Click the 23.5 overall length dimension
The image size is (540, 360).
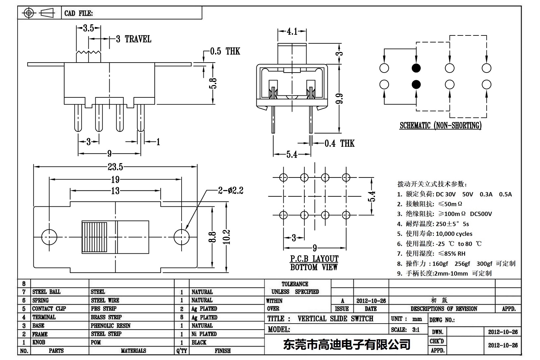click(x=115, y=167)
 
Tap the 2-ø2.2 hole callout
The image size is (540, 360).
click(x=231, y=190)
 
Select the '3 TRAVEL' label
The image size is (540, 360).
click(x=134, y=39)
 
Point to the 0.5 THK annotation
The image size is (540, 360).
click(x=225, y=51)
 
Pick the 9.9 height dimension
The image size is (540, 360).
click(x=339, y=99)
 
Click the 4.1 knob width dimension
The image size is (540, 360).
click(x=292, y=32)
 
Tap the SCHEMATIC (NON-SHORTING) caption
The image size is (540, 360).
click(x=440, y=126)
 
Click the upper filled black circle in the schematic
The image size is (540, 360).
click(x=416, y=68)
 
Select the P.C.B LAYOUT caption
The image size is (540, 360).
click(x=314, y=259)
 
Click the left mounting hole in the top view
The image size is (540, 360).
click(x=49, y=237)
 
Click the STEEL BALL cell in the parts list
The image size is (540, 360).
click(x=46, y=292)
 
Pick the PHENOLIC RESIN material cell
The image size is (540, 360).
click(x=111, y=326)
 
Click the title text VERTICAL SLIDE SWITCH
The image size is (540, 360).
click(x=335, y=319)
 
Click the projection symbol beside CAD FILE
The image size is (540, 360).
click(x=39, y=13)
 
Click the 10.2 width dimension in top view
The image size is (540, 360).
click(x=227, y=237)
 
